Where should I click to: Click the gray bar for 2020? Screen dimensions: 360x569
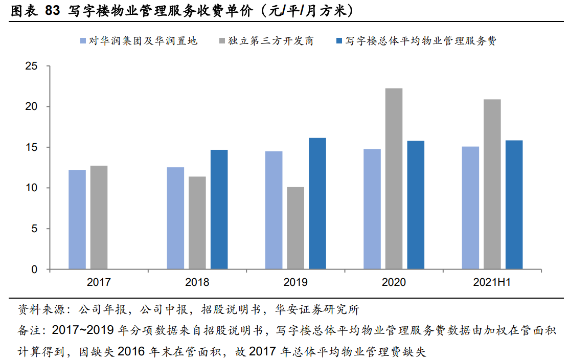[394, 178]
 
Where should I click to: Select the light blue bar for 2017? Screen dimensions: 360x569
[77, 219]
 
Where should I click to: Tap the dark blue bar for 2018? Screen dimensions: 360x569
[219, 209]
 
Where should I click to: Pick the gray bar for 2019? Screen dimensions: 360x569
[295, 228]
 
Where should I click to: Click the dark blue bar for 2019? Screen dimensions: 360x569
[317, 204]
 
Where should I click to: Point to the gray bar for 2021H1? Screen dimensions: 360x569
[492, 184]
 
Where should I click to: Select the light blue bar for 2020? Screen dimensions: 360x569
[372, 209]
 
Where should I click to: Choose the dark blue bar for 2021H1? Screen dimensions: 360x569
[514, 205]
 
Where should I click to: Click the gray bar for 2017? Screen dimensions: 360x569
[99, 217]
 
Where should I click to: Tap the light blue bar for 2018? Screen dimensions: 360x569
[175, 218]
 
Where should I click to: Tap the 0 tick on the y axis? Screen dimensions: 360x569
[35, 269]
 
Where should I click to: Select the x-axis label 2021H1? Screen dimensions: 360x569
[492, 282]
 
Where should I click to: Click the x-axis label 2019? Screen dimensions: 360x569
[295, 282]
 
